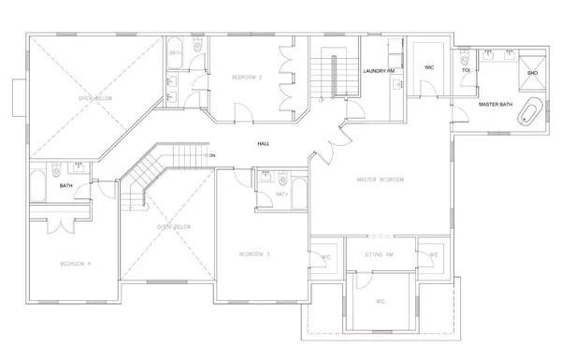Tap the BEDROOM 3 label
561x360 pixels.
(x=253, y=254)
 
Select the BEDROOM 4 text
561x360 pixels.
(x=75, y=265)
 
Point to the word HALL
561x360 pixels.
(x=264, y=143)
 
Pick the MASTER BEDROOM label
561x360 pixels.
(x=379, y=180)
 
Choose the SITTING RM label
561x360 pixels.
(x=380, y=254)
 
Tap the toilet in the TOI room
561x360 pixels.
(x=466, y=54)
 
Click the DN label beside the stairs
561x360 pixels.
(x=211, y=155)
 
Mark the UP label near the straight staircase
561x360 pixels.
(x=321, y=97)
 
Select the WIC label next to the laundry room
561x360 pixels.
(x=429, y=68)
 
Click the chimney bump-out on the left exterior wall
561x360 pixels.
(x=20, y=94)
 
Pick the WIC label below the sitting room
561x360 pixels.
(x=381, y=301)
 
